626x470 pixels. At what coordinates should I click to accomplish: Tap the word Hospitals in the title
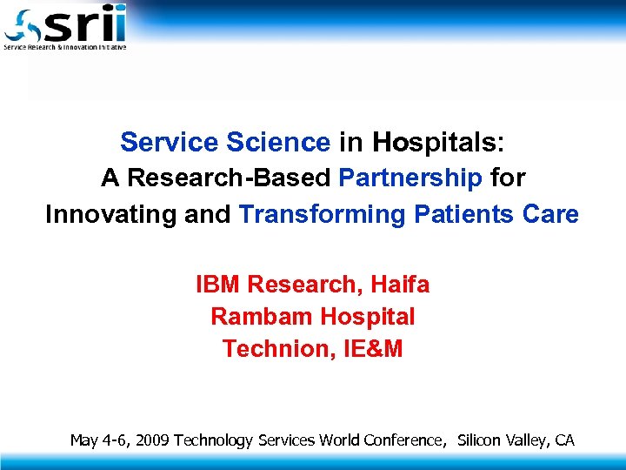[x=438, y=141]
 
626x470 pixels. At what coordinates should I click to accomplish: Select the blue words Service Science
[x=225, y=141]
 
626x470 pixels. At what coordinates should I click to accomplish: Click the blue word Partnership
[x=410, y=178]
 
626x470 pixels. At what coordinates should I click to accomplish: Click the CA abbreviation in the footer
[x=564, y=440]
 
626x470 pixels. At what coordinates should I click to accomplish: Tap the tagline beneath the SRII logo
[x=65, y=47]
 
